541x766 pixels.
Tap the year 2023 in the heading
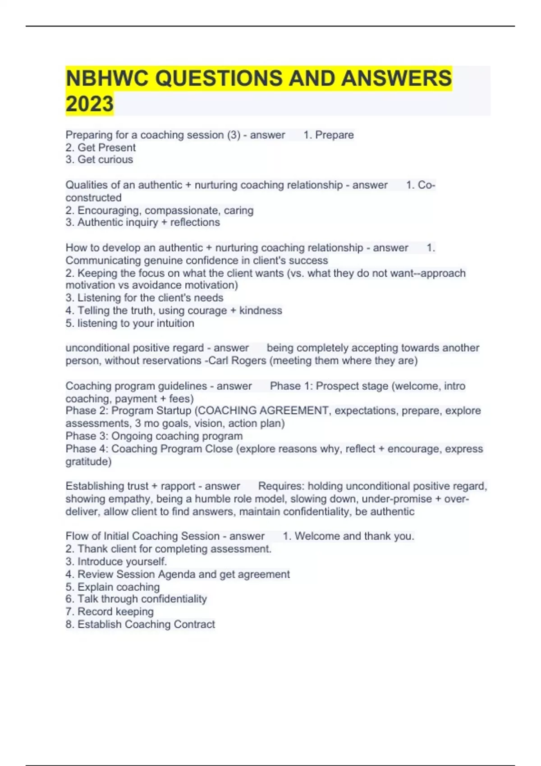point(90,104)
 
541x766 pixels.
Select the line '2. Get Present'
point(101,147)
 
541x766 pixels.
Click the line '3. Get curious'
point(99,160)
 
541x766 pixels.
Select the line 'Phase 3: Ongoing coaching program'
point(154,436)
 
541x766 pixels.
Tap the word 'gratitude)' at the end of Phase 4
point(88,461)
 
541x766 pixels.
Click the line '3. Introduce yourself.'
point(116,561)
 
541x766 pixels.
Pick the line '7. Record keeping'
point(110,611)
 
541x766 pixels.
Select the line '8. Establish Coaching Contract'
point(140,624)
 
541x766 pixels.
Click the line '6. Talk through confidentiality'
point(136,599)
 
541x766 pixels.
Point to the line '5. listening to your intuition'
point(130,323)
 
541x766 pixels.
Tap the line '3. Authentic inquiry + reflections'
point(143,222)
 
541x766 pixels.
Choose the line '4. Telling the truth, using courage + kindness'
point(174,310)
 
